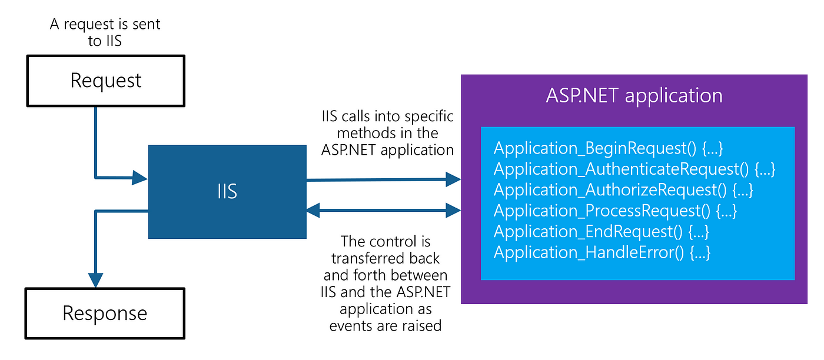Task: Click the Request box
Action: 106,81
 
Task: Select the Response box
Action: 105,314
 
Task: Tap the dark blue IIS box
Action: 227,192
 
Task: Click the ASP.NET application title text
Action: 634,96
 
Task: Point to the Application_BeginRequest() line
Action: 609,148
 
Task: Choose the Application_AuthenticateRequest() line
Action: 634,169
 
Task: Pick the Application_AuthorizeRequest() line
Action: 623,190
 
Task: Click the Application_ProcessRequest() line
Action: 616,211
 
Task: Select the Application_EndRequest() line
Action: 602,232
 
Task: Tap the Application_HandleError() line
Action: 602,252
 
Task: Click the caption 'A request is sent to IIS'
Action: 105,32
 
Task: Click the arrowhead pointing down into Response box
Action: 95,280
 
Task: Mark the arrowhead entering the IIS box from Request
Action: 140,178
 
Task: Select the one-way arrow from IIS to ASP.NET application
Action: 384,180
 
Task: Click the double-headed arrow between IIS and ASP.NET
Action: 384,211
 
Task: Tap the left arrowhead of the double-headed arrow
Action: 313,211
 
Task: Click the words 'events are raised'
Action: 386,326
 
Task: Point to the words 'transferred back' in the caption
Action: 386,258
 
